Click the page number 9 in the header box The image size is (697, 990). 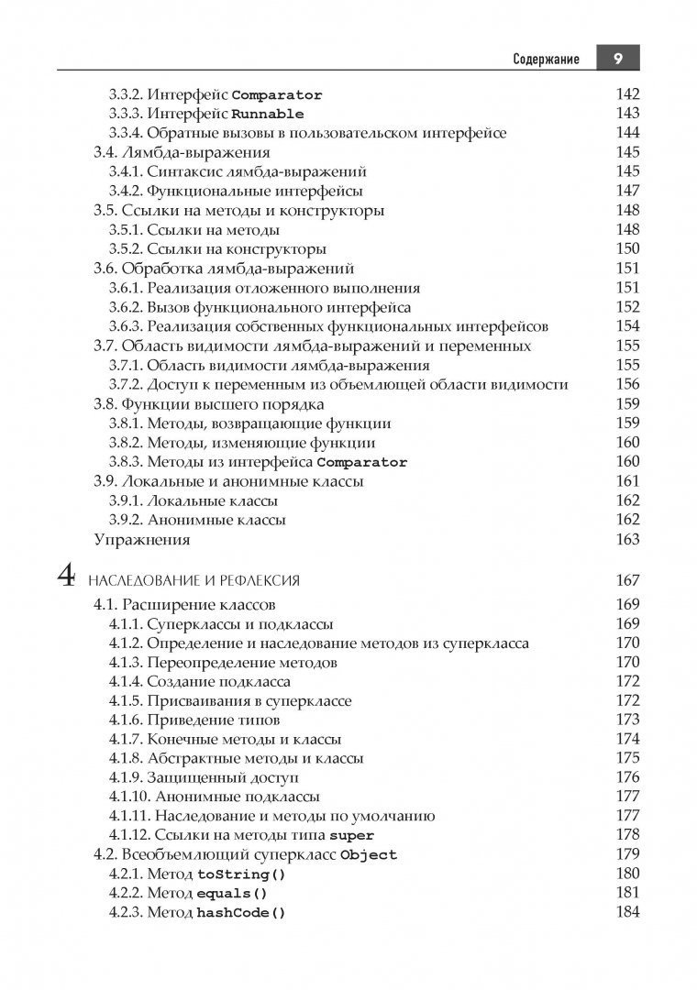click(618, 59)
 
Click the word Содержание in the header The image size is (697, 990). click(546, 60)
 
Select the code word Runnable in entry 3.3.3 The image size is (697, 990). click(268, 114)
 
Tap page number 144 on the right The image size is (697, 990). click(627, 133)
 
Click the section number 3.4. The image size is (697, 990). click(107, 152)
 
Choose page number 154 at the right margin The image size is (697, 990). click(627, 326)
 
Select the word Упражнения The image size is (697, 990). click(142, 539)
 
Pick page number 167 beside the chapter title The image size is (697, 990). click(627, 580)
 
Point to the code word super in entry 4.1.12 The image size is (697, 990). click(351, 836)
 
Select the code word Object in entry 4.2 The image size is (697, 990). click(368, 855)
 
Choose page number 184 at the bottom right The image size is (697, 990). click(627, 912)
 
